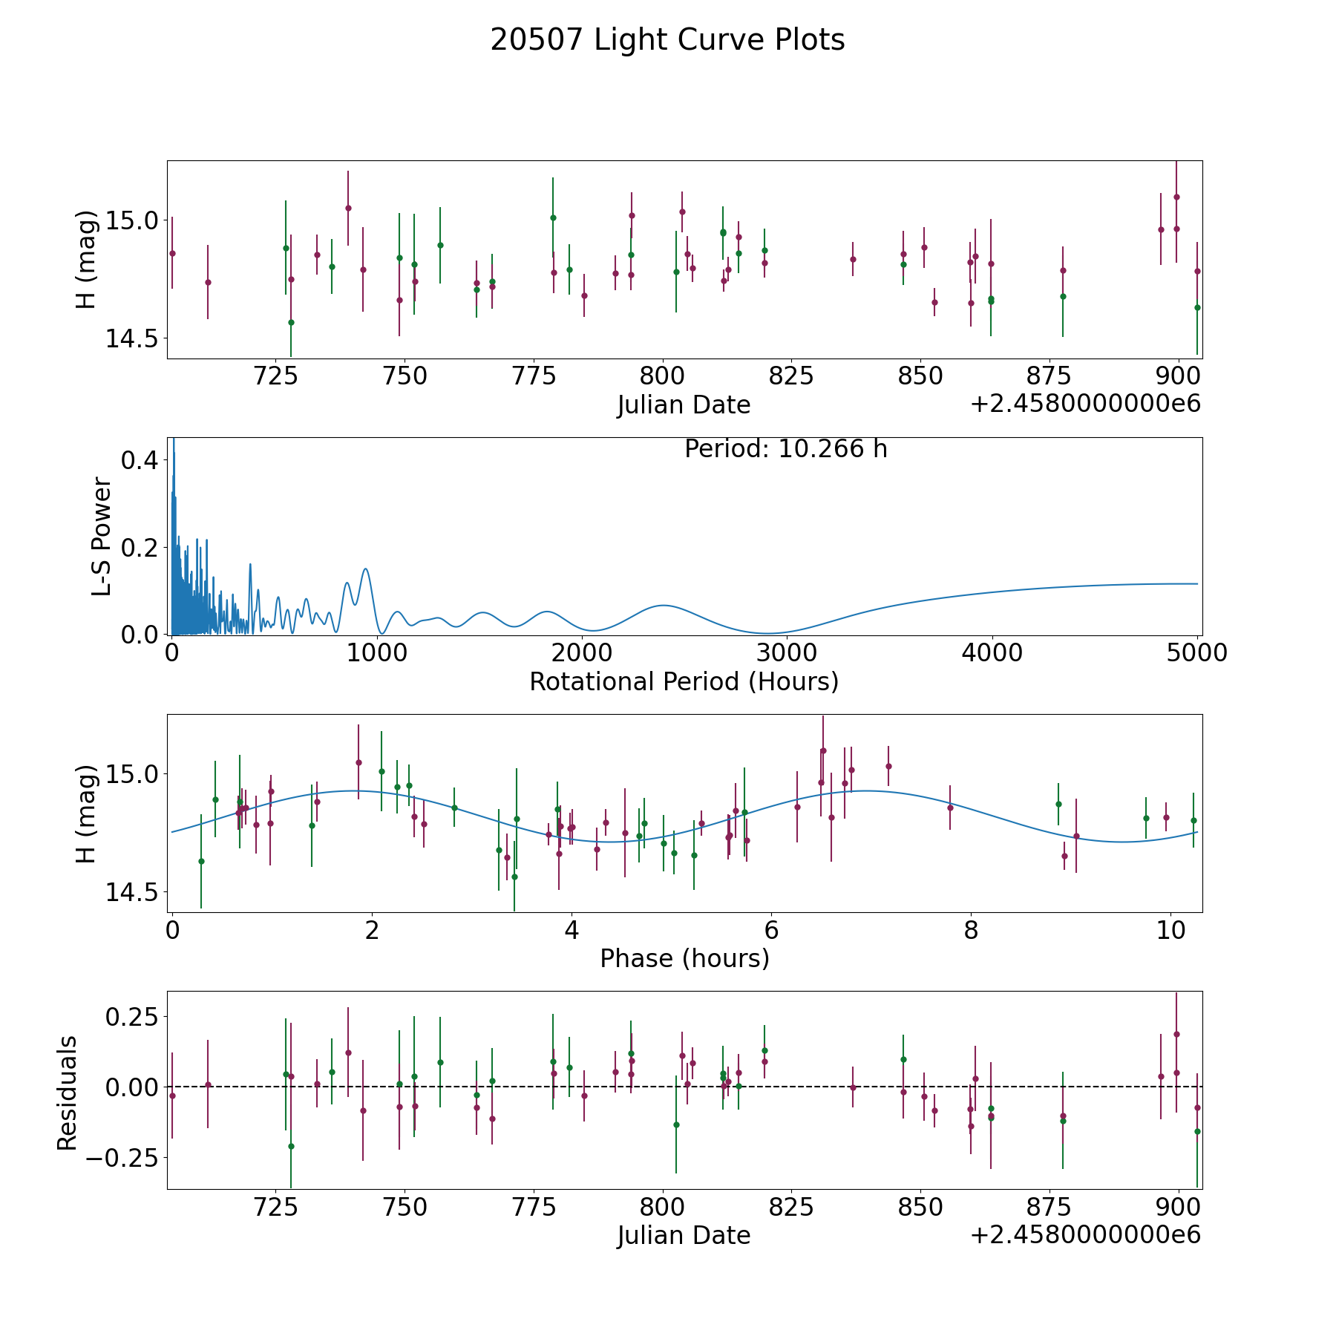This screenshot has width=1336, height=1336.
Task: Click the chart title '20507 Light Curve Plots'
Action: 667,40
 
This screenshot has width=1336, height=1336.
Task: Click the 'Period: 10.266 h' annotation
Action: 785,449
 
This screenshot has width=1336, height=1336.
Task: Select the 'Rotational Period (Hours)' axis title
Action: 684,681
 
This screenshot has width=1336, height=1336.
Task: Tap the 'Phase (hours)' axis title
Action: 684,958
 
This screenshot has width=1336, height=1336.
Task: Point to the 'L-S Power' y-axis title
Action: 102,536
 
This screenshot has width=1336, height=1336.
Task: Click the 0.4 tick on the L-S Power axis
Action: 140,460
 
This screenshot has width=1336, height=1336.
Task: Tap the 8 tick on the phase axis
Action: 971,930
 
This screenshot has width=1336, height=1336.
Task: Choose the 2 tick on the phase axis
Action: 372,930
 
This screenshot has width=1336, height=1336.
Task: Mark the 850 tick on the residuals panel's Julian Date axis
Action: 920,1207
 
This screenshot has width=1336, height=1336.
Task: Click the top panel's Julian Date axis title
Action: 684,405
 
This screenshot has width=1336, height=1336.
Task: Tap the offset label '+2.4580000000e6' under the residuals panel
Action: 1085,1235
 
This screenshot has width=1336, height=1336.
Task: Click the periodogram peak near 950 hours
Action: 365,569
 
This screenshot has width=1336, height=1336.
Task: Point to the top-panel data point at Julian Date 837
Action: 853,259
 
